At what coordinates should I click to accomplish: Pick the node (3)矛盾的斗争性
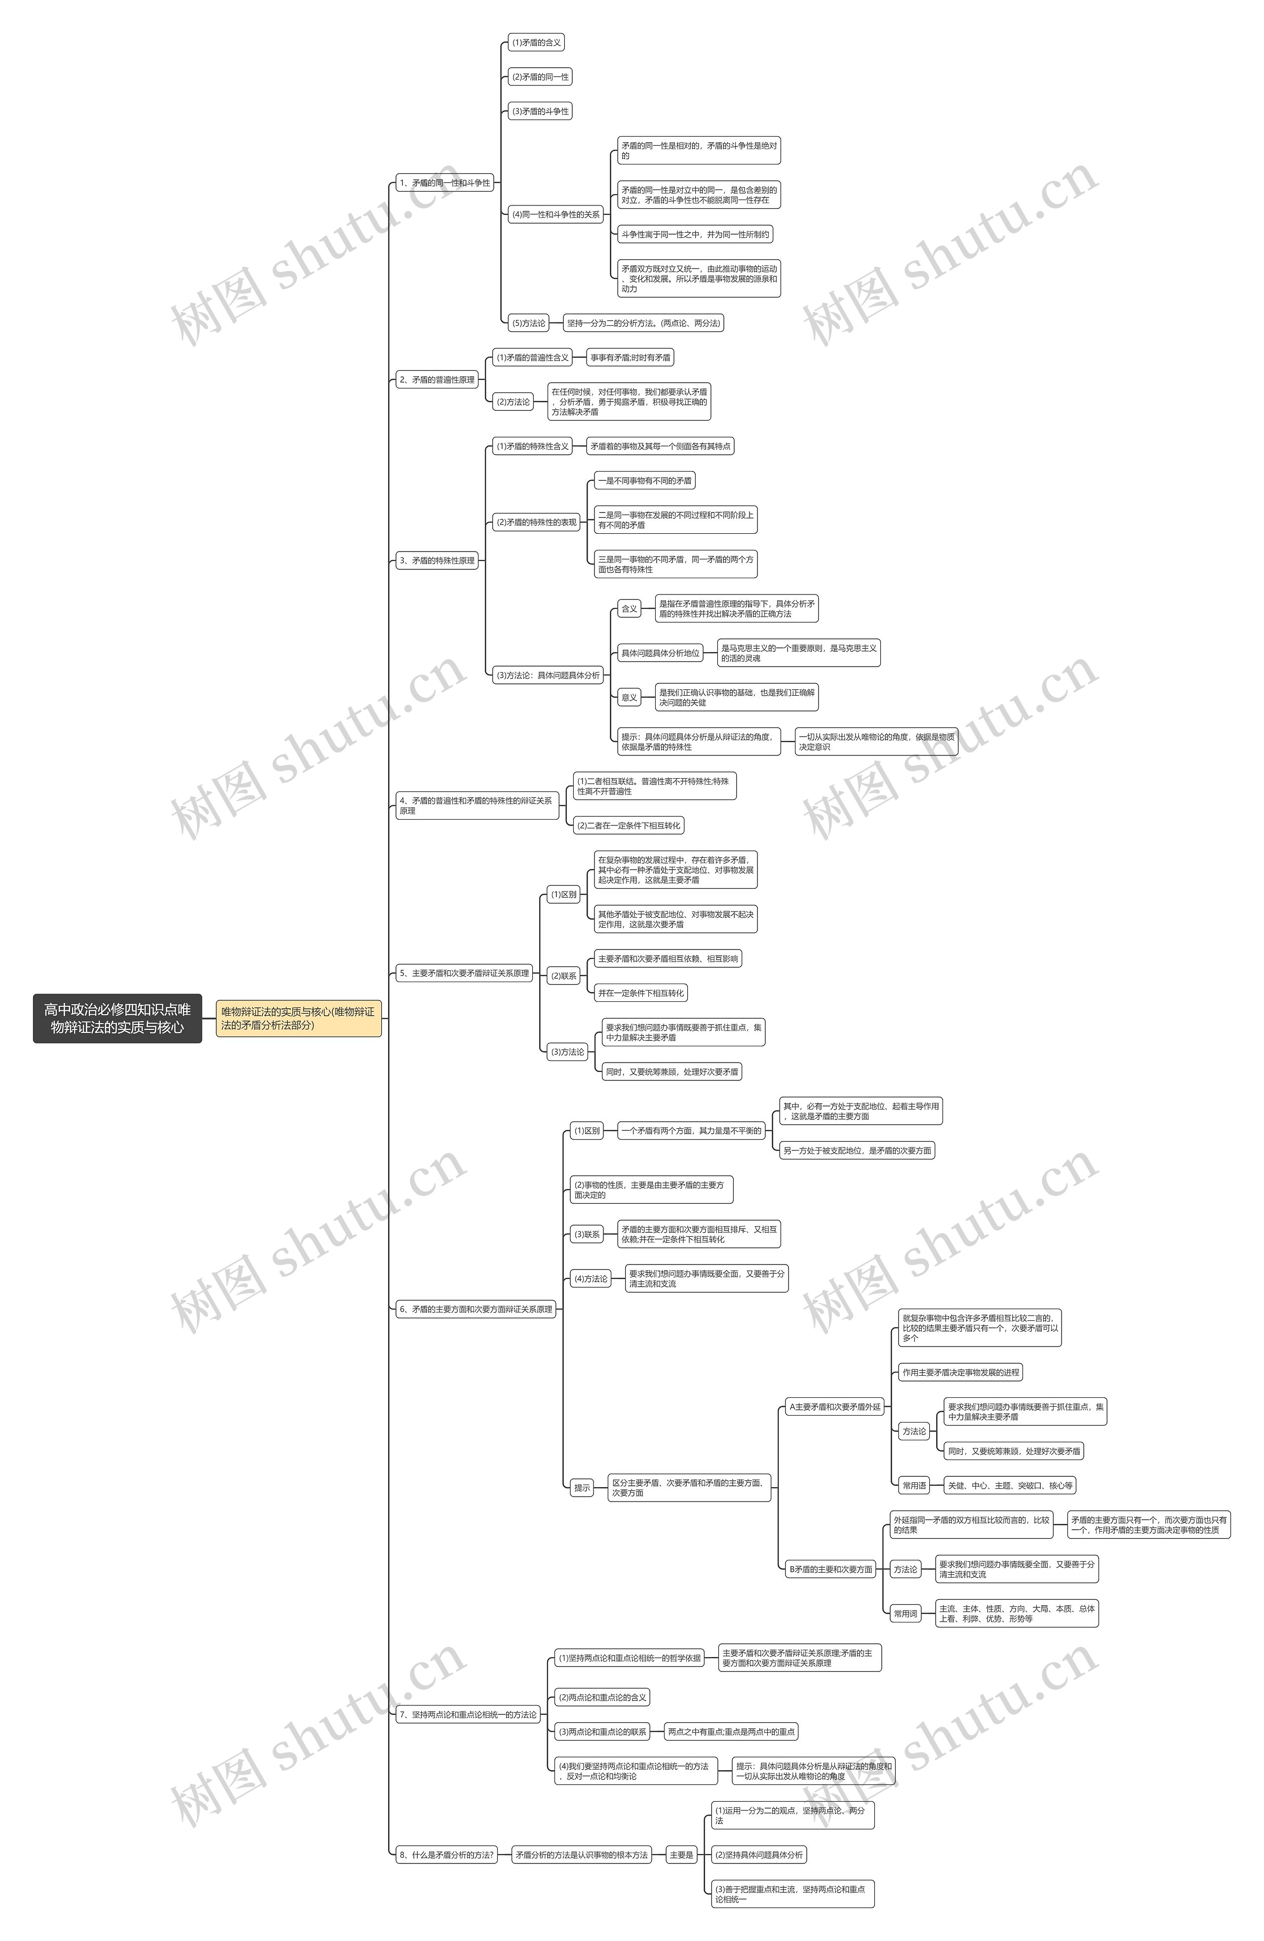(x=540, y=111)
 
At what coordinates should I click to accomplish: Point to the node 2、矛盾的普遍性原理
(x=437, y=379)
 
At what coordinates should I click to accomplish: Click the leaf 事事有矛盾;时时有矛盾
(x=631, y=357)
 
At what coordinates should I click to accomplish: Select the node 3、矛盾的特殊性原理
(x=437, y=560)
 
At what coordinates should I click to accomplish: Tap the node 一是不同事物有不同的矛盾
(x=644, y=481)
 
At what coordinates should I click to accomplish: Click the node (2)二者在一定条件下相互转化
(x=628, y=826)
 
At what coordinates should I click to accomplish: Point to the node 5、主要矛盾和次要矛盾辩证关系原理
(x=464, y=973)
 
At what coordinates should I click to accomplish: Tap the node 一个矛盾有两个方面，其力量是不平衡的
(x=692, y=1130)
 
